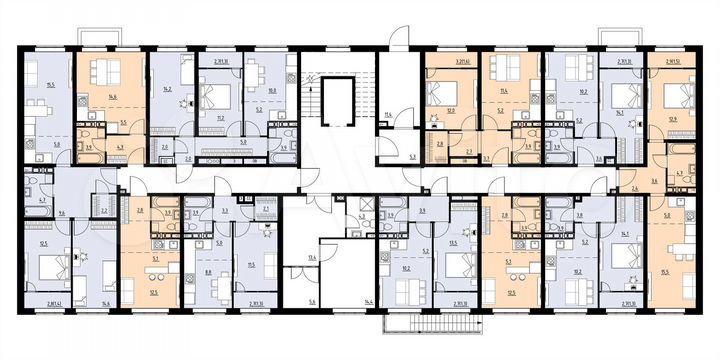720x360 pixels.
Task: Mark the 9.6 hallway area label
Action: (x=62, y=213)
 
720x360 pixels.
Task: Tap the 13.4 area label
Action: (x=312, y=257)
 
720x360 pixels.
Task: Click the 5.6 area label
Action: (x=311, y=301)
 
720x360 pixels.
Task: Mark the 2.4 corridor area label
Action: (x=634, y=188)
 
